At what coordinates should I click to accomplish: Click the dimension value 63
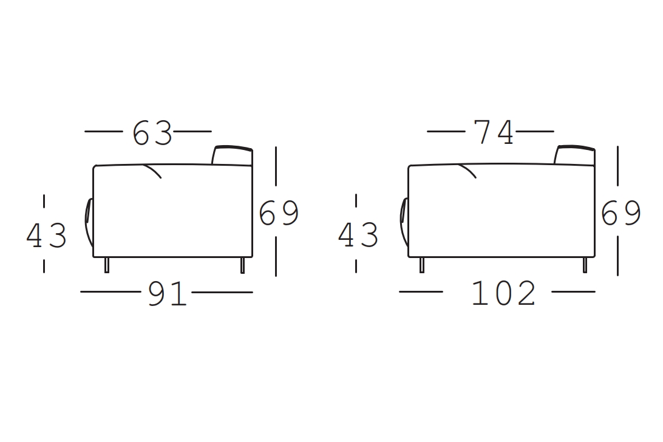pyautogui.click(x=152, y=133)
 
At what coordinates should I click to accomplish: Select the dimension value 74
pyautogui.click(x=494, y=133)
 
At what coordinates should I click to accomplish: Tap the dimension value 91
pyautogui.click(x=167, y=294)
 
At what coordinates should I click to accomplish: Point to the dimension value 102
pyautogui.click(x=503, y=294)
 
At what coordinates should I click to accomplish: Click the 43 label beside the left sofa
pyautogui.click(x=46, y=236)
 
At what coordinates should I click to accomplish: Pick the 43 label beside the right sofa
pyautogui.click(x=358, y=235)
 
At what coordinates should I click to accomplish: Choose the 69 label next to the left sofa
pyautogui.click(x=279, y=213)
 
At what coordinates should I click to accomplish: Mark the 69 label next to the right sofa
pyautogui.click(x=620, y=213)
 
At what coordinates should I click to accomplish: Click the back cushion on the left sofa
pyautogui.click(x=232, y=155)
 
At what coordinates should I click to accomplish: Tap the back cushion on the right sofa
pyautogui.click(x=574, y=155)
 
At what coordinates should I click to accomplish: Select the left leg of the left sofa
pyautogui.click(x=107, y=265)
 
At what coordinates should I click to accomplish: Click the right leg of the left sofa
pyautogui.click(x=243, y=265)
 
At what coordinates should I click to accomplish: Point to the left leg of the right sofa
pyautogui.click(x=422, y=265)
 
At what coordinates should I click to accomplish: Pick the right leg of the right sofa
pyautogui.click(x=585, y=265)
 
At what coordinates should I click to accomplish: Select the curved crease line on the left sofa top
pyautogui.click(x=153, y=171)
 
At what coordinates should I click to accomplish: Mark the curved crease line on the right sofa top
pyautogui.click(x=468, y=171)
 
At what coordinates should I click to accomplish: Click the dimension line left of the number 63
pyautogui.click(x=104, y=131)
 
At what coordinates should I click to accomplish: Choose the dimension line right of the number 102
pyautogui.click(x=573, y=292)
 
